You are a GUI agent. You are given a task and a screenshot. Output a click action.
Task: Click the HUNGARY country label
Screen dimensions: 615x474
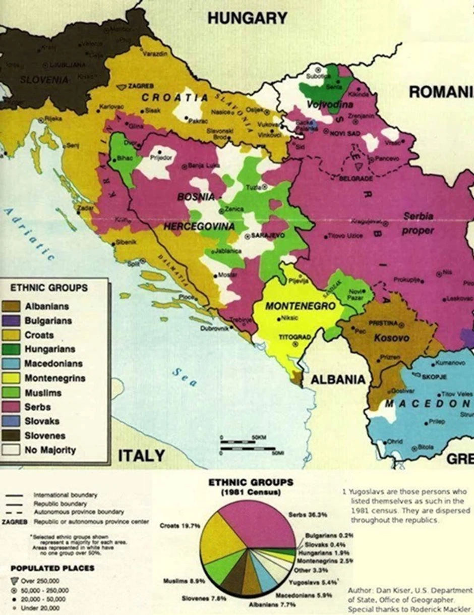247,18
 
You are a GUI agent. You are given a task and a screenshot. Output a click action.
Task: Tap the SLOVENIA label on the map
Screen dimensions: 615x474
44,79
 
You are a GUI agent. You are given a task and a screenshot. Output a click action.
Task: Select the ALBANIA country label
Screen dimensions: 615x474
337,379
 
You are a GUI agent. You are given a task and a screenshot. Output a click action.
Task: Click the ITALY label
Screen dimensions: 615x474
141,456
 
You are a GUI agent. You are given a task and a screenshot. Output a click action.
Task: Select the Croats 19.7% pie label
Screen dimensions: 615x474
179,525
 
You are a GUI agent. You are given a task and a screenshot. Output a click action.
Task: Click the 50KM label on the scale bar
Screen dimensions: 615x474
258,437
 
